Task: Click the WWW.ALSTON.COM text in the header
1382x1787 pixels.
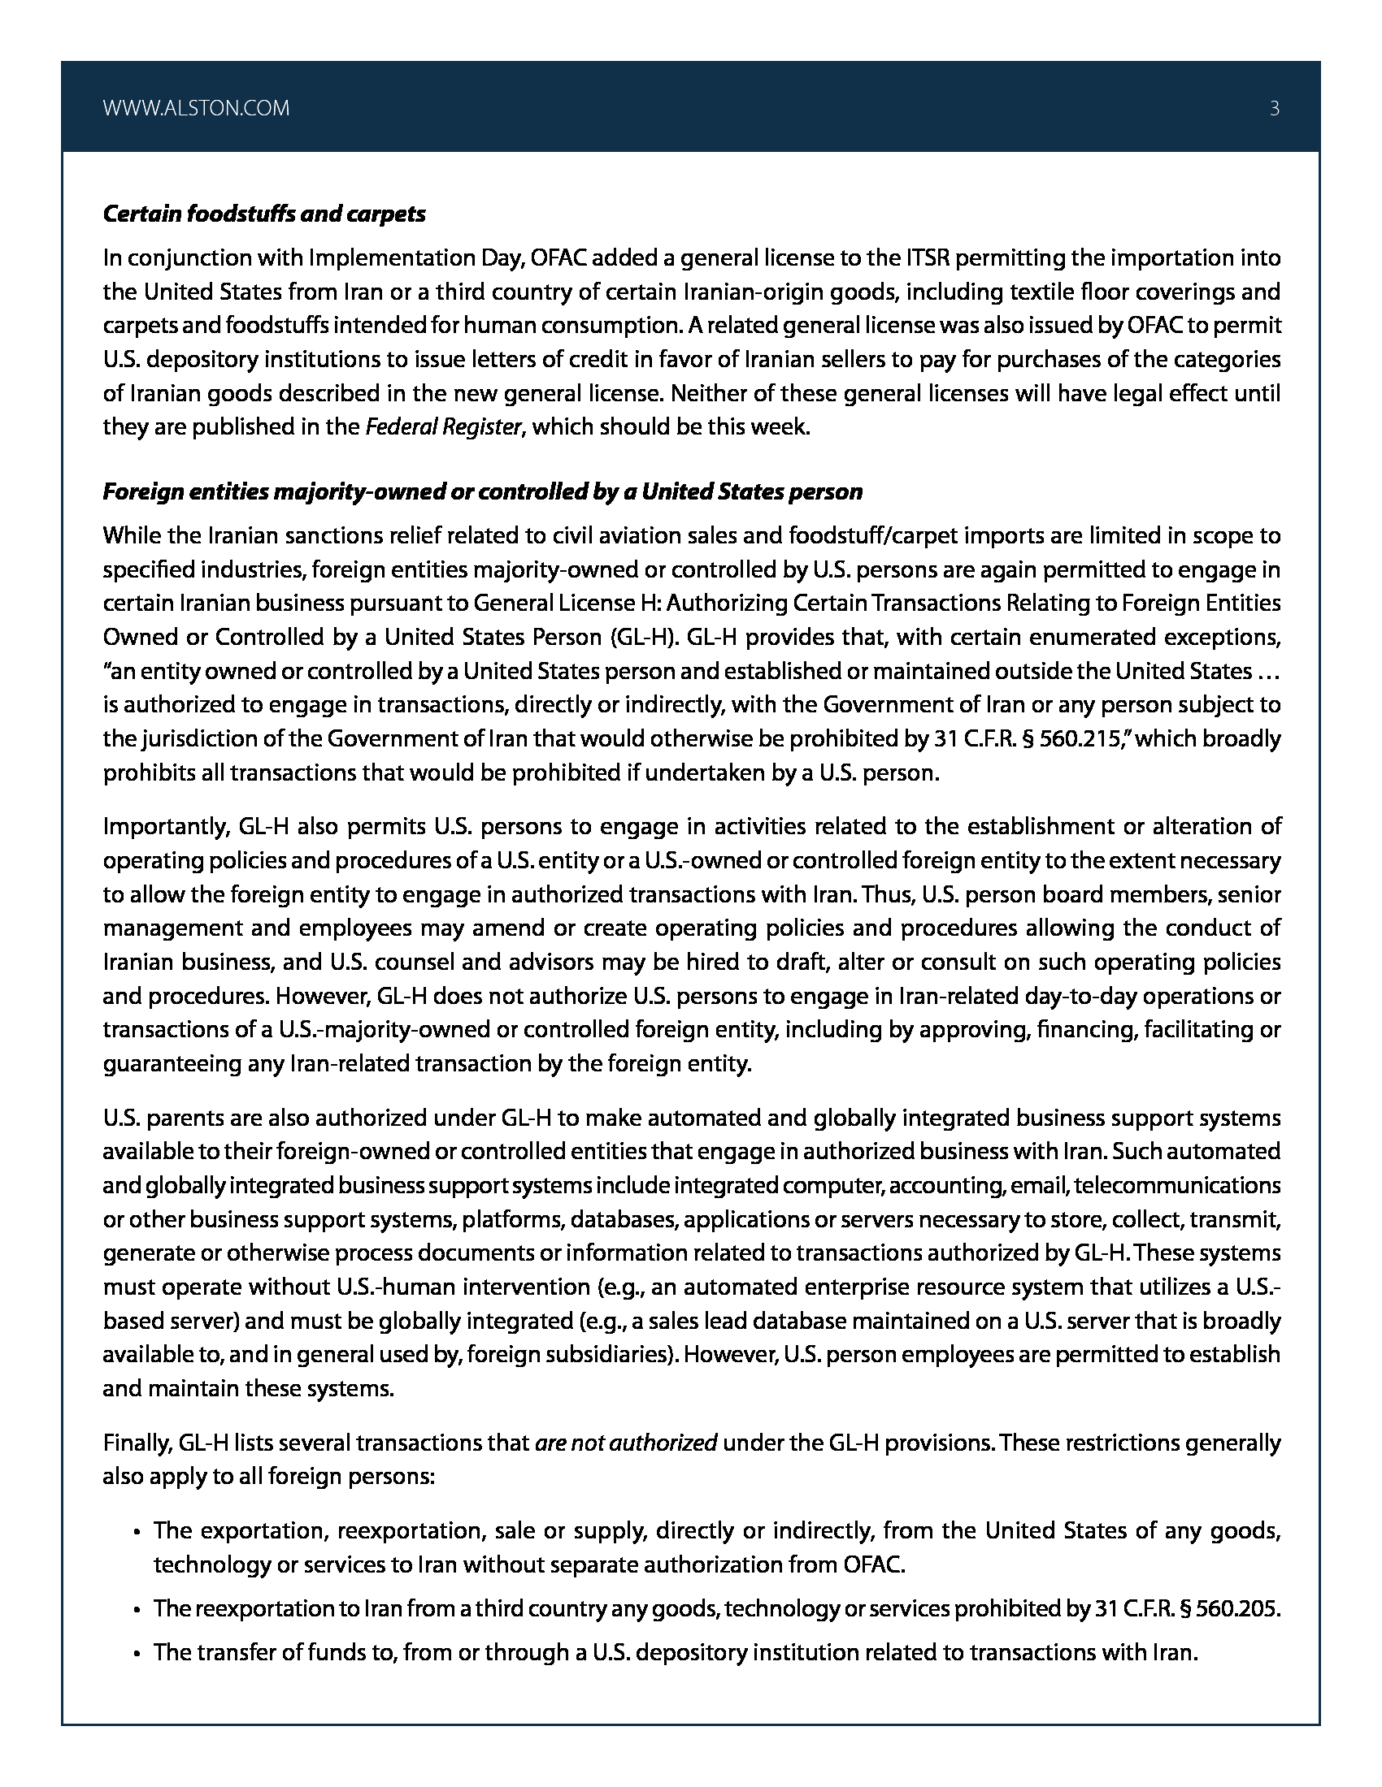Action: click(197, 108)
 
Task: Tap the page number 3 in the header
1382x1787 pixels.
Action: click(1274, 108)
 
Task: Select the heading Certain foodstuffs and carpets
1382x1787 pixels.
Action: click(263, 214)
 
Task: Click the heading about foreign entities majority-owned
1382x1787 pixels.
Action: click(482, 491)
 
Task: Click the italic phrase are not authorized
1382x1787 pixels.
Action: click(626, 1443)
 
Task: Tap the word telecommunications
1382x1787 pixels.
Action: click(1188, 1185)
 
